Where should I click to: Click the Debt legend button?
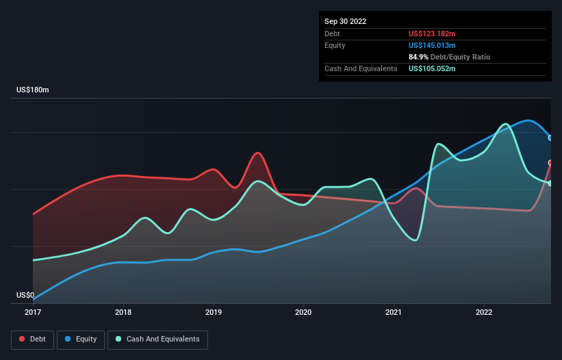tap(31, 339)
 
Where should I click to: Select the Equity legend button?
tap(81, 339)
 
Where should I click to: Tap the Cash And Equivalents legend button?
tap(157, 339)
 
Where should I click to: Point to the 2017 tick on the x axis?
tap(33, 313)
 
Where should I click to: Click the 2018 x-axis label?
tap(123, 313)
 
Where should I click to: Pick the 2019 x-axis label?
tap(214, 313)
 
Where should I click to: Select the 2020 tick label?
tap(303, 313)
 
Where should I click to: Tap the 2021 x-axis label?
tap(394, 313)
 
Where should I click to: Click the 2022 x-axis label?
tap(484, 313)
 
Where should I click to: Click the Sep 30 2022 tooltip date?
tap(345, 21)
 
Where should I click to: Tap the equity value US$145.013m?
tap(432, 45)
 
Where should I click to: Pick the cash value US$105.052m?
tap(432, 68)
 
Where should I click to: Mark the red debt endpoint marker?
tap(550, 162)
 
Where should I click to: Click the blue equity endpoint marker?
tap(550, 138)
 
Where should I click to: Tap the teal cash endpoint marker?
tap(550, 183)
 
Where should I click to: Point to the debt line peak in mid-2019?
tap(257, 153)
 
